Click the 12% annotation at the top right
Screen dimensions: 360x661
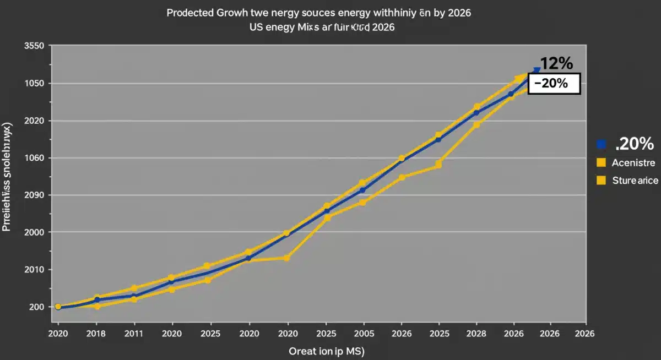557,63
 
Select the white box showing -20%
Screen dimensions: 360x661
554,84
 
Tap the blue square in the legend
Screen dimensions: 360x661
601,144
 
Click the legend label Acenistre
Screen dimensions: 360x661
633,163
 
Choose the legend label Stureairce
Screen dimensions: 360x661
635,180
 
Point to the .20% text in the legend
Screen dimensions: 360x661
633,144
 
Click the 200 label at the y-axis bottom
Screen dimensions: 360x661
37,307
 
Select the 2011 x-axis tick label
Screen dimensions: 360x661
134,334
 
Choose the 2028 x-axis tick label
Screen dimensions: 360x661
476,334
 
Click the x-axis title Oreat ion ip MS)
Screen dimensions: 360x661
327,351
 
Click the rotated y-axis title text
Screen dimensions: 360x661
7,176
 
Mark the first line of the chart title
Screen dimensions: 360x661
318,13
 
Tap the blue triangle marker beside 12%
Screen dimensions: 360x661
537,70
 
